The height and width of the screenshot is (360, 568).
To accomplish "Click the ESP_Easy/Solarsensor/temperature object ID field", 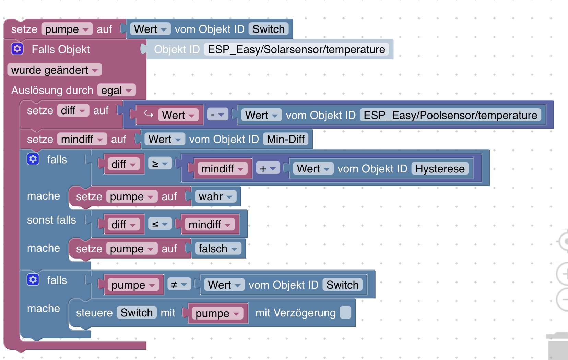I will point(296,49).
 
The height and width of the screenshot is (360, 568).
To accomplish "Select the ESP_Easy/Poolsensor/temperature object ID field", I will point(450,115).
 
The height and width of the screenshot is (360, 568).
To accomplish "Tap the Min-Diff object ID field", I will point(285,139).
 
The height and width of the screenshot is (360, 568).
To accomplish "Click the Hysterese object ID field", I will point(440,169).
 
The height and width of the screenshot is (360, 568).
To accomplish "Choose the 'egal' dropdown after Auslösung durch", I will point(116,90).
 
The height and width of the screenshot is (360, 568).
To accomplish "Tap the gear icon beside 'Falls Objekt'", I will point(17,49).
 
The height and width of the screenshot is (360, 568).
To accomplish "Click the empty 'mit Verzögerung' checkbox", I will point(345,312).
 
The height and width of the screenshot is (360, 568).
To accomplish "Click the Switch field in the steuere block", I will point(137,313).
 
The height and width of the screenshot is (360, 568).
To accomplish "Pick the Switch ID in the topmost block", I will point(268,29).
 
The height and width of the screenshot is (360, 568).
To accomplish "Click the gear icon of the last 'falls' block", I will point(33,280).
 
